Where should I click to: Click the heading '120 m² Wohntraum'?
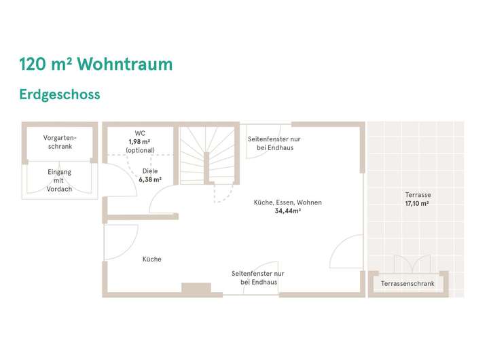[x=96, y=65]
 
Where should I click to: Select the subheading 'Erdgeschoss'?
[x=60, y=94]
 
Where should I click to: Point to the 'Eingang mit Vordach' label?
[x=59, y=181]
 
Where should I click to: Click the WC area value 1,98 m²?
[x=140, y=141]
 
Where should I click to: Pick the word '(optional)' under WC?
[x=140, y=150]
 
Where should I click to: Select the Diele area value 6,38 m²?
[x=150, y=180]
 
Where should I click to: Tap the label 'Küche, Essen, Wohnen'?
[x=287, y=202]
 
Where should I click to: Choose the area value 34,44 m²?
[x=287, y=211]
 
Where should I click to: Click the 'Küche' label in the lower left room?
[x=151, y=259]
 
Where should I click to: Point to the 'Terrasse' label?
[x=418, y=195]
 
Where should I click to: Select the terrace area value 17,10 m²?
[x=418, y=203]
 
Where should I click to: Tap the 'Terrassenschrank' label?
[x=407, y=283]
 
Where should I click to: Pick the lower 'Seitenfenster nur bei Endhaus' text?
[x=258, y=277]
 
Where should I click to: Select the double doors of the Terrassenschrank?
[x=412, y=263]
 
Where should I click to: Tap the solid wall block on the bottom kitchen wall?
[x=196, y=288]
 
